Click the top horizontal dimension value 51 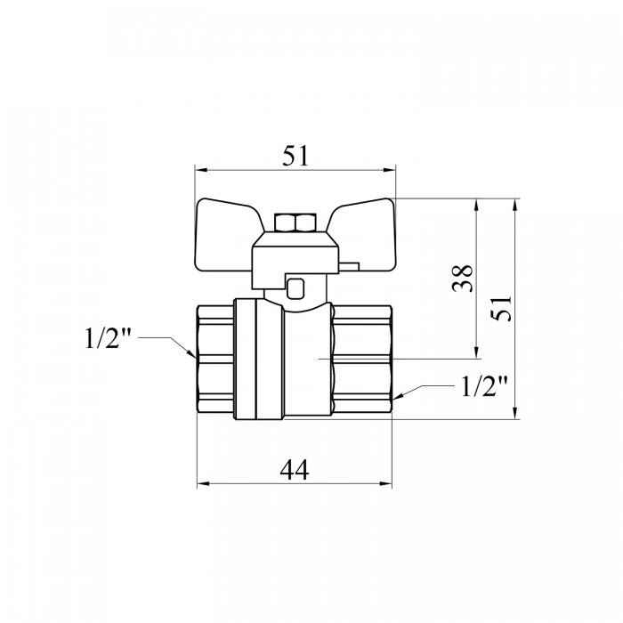click(295, 156)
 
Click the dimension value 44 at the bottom click(294, 470)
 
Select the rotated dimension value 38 click(464, 278)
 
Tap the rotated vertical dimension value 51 click(501, 308)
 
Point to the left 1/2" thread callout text click(108, 338)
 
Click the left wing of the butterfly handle click(226, 235)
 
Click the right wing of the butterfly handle click(365, 235)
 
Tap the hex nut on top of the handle click(295, 223)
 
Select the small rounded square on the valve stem click(295, 289)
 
